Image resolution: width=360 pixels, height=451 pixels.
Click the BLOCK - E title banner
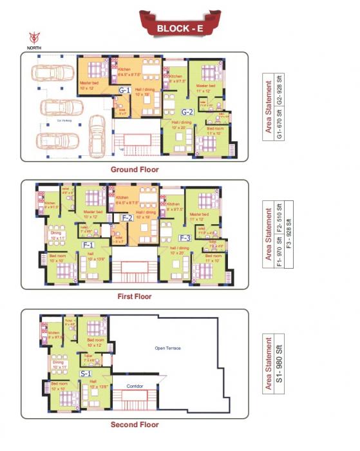pos(180,28)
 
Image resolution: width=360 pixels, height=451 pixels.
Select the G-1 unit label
pos(124,91)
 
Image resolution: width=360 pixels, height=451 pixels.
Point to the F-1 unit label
pos(88,245)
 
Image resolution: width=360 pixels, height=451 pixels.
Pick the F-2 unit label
pos(128,218)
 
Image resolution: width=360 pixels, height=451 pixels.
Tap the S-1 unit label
pos(85,373)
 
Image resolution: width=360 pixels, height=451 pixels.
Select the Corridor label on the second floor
pos(135,387)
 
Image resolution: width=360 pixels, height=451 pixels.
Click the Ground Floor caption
pos(135,169)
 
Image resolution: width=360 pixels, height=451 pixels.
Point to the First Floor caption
pos(135,297)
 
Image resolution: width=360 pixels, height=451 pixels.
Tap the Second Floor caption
pos(135,425)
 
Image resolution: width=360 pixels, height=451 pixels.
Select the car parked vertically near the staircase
pos(97,136)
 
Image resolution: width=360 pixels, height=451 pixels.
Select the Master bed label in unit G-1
pos(89,83)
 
